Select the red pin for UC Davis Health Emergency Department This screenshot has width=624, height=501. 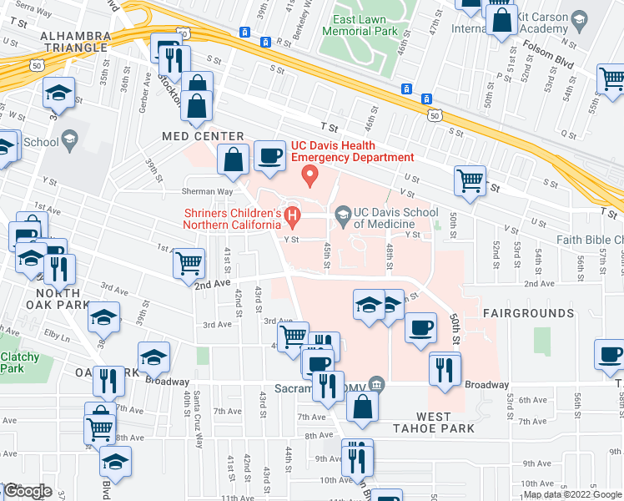311,175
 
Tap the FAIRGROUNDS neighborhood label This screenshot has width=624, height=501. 528,313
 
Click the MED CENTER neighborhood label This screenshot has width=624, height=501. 204,136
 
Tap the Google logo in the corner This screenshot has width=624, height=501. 27,491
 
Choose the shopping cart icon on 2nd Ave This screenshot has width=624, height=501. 189,264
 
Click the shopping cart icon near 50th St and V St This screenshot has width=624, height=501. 470,180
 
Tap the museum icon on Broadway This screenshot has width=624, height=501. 376,385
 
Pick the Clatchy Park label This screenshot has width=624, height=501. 19,362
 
